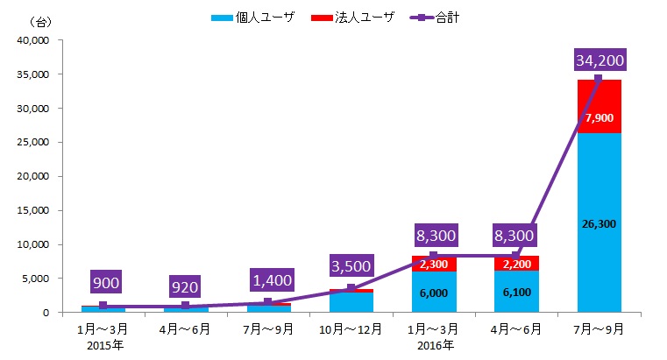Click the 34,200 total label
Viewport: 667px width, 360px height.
(599, 60)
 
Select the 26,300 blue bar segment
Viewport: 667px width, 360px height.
(599, 223)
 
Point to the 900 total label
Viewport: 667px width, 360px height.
(102, 282)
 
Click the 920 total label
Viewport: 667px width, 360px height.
(185, 285)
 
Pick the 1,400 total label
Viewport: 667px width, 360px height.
(267, 280)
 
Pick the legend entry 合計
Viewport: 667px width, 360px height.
(435, 17)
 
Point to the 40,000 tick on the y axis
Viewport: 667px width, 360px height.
(35, 40)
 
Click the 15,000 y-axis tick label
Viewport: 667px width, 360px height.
(35, 210)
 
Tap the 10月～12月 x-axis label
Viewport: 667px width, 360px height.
(351, 329)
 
